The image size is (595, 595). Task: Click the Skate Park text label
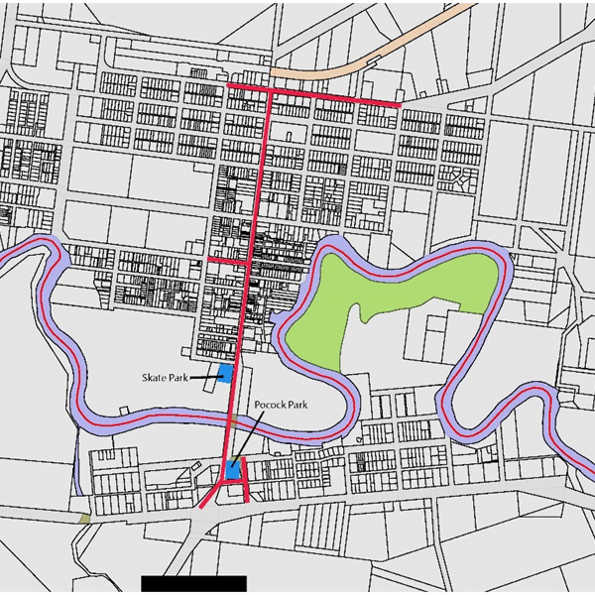165,378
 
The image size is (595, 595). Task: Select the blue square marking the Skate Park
226,373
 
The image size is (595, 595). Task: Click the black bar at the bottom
193,583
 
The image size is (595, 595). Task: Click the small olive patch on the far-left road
85,518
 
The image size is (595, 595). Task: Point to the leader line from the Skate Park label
205,377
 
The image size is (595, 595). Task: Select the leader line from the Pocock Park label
247,436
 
